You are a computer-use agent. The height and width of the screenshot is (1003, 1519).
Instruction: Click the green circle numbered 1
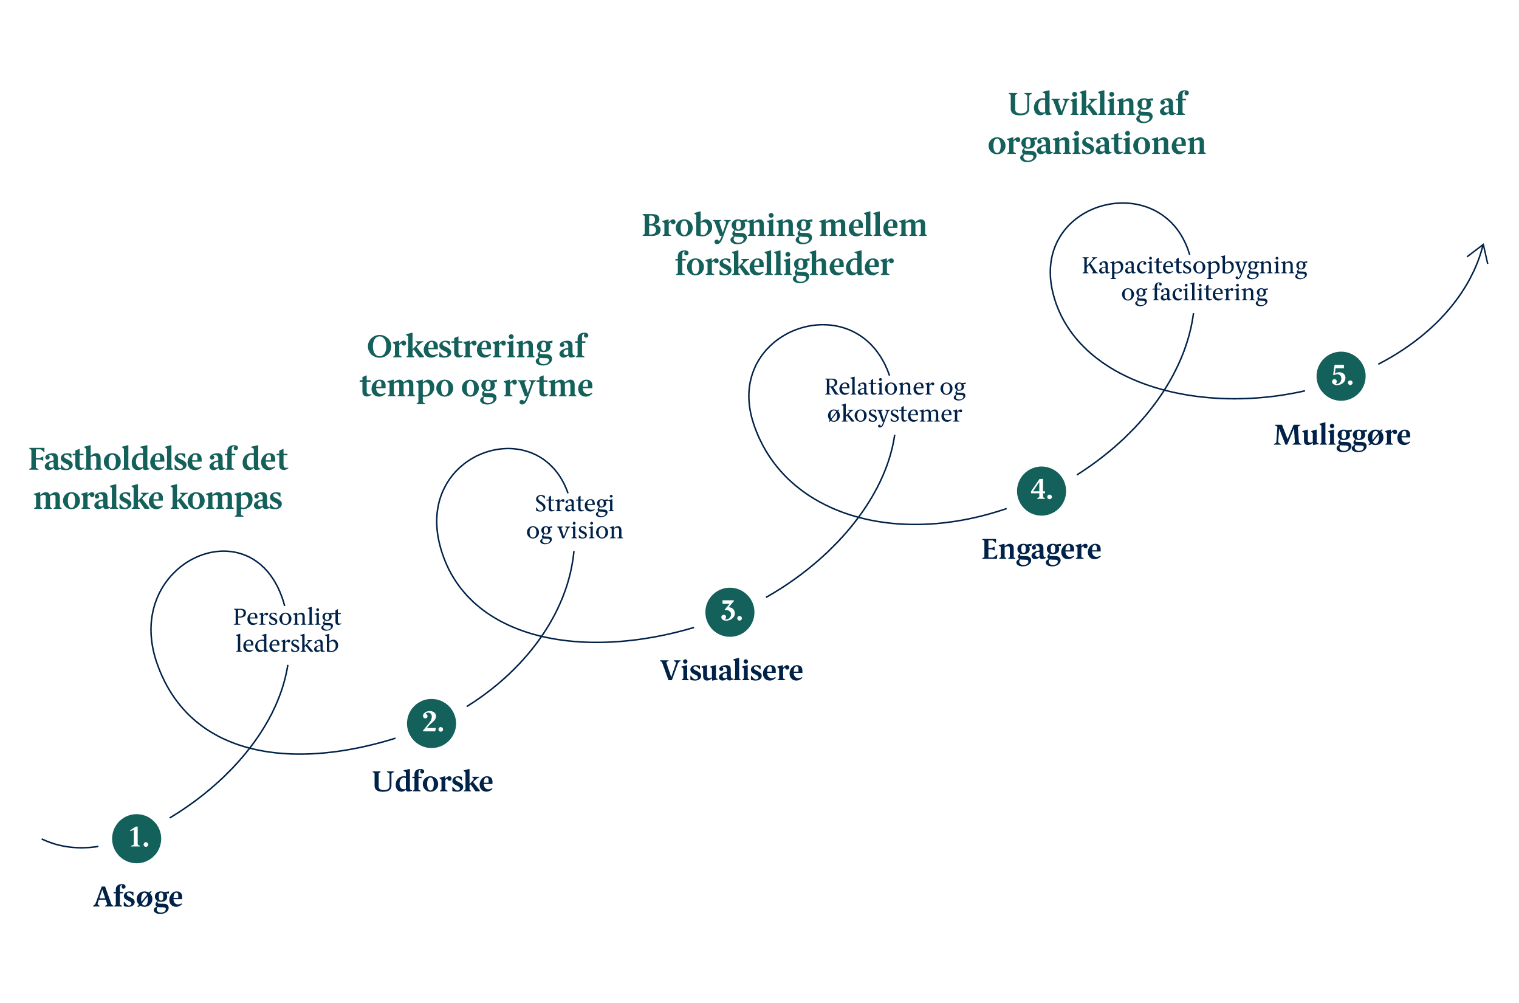point(136,839)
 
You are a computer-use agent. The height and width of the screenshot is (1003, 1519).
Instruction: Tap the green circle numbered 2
point(431,723)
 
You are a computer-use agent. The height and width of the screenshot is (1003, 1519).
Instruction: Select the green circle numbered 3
point(730,612)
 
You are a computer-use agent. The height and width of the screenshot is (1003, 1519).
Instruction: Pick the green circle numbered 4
point(1041,491)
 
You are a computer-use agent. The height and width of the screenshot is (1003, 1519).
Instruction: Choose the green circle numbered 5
point(1341,376)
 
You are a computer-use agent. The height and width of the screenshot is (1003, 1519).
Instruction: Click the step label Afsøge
point(138,898)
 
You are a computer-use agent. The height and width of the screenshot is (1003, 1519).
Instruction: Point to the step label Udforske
point(433,782)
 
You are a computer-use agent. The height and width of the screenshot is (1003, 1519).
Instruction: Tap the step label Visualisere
point(732,670)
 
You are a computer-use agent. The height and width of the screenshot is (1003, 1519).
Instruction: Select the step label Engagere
point(1041,550)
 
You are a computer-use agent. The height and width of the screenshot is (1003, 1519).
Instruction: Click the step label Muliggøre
point(1342,436)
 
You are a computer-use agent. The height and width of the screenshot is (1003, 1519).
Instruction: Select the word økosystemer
point(894,415)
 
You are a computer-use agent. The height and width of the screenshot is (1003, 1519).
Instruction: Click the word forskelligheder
point(784,264)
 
